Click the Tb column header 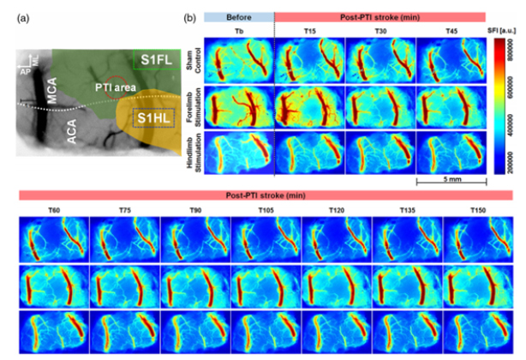pyautogui.click(x=240, y=33)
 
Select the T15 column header pyautogui.click(x=310, y=33)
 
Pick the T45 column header pyautogui.click(x=451, y=33)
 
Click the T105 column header pyautogui.click(x=267, y=208)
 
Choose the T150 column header pyautogui.click(x=480, y=208)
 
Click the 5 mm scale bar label pyautogui.click(x=451, y=189)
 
